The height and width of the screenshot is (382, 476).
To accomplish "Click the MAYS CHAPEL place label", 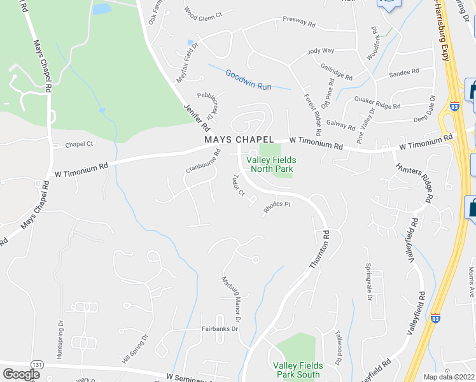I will pyautogui.click(x=239, y=139).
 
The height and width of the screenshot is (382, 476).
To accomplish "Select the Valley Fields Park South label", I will pyautogui.click(x=297, y=370).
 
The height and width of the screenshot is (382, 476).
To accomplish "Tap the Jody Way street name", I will pyautogui.click(x=321, y=50).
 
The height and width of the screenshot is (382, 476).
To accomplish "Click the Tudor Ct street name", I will pyautogui.click(x=239, y=185).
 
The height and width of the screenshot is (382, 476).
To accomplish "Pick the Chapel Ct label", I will pyautogui.click(x=79, y=145).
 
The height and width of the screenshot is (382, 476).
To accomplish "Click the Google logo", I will pyautogui.click(x=21, y=374).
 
